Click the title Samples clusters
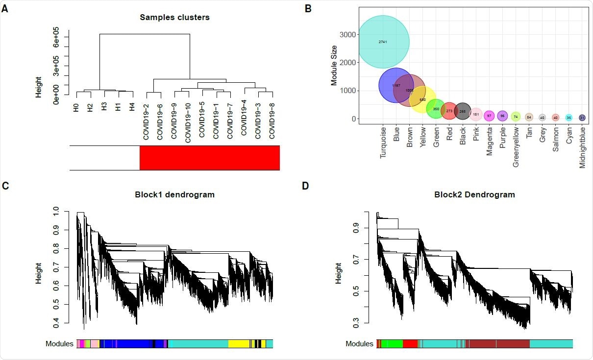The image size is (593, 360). tap(174, 17)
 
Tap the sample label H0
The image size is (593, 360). tap(76, 108)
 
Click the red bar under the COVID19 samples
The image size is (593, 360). tap(210, 158)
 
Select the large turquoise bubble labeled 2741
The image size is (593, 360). tap(383, 42)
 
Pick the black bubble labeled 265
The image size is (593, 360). tap(462, 111)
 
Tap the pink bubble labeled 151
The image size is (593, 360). tap(475, 115)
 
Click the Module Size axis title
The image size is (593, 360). tap(334, 63)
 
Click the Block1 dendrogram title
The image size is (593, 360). tap(174, 194)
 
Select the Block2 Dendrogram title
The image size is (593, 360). tap(474, 194)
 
